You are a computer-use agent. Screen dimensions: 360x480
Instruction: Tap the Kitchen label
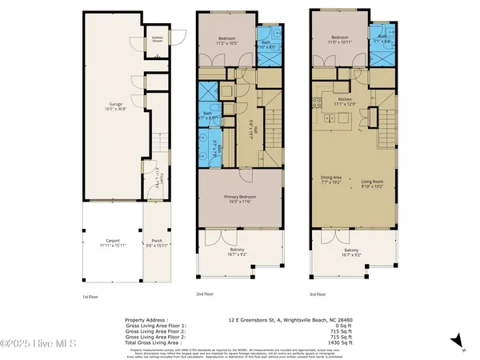pyautogui.click(x=344, y=100)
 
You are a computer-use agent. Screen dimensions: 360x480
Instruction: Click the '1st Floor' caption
pyautogui.click(x=90, y=296)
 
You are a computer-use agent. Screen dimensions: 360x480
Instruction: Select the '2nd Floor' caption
pyautogui.click(x=206, y=294)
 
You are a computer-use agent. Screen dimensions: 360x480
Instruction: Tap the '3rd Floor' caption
pyautogui.click(x=320, y=294)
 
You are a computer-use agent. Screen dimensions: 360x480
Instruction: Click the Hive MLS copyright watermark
pyautogui.click(x=38, y=346)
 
